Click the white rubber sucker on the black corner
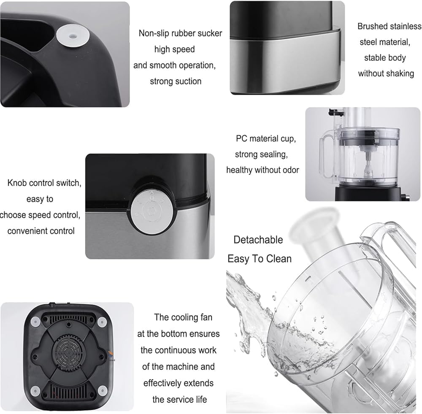73,36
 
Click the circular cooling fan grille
68,352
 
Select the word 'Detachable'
258,240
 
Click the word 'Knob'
17,183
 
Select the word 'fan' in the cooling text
206,317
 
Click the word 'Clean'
279,259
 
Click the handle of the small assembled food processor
327,156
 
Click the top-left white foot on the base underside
35,322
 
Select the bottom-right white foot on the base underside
102,391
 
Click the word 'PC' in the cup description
241,138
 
